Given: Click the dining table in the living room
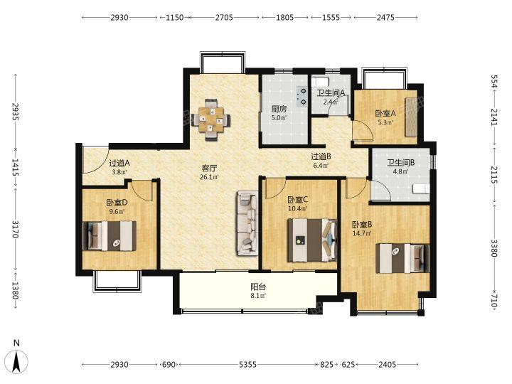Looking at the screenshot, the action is click(211, 120).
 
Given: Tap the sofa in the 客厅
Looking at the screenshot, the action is click(247, 223).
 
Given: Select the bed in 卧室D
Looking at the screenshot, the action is click(110, 236).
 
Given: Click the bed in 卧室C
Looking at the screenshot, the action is click(312, 240).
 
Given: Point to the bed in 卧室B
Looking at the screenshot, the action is click(402, 258).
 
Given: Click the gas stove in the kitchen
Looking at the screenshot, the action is click(302, 96).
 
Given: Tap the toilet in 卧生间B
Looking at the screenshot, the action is click(421, 188).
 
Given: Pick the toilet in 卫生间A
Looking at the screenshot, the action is click(318, 82).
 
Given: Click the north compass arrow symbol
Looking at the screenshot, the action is click(17, 361).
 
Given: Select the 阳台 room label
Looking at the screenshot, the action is click(258, 287).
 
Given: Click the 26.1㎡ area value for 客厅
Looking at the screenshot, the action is click(209, 177).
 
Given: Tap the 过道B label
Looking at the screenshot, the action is click(321, 156).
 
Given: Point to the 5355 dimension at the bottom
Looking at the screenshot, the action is click(248, 364).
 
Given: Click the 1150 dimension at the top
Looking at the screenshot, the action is click(175, 17).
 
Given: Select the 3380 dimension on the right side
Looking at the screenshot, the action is click(494, 248).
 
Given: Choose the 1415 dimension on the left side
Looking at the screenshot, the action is click(15, 167).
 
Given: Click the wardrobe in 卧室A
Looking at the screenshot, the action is click(411, 117).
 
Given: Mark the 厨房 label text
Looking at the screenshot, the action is click(279, 109).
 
